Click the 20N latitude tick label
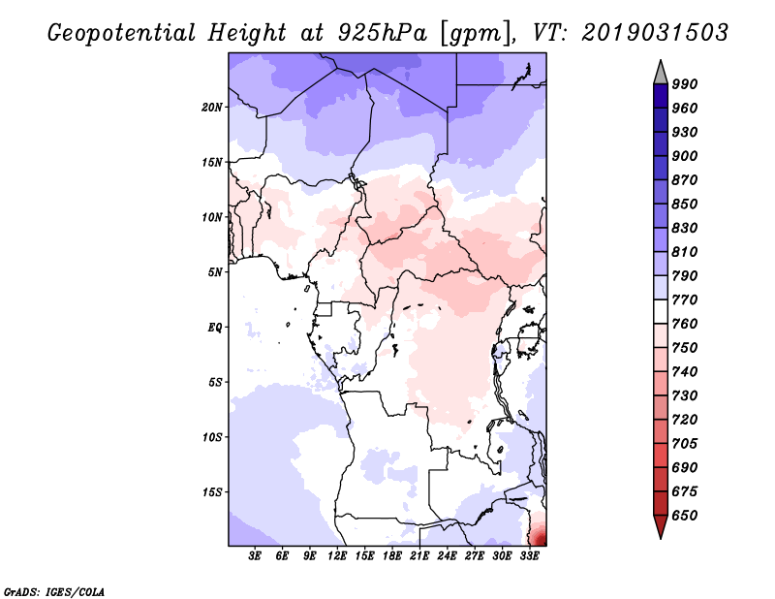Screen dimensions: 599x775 [212, 107]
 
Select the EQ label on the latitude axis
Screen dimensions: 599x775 [214, 327]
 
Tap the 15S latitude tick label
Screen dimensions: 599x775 [212, 492]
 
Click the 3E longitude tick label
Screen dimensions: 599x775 [256, 556]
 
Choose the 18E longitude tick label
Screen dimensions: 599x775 [392, 556]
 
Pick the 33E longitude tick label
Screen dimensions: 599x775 [529, 556]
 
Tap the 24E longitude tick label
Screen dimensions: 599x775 [447, 556]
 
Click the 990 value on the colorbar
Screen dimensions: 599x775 [685, 84]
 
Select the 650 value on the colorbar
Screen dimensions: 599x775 [685, 516]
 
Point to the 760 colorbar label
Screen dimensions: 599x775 [685, 324]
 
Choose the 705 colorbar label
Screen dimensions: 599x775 [685, 444]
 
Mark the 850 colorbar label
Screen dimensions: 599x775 [685, 204]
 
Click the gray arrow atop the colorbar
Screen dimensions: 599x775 [660, 72]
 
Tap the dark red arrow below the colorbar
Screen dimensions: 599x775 [660, 526]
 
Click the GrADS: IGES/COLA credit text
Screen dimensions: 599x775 [42, 589]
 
